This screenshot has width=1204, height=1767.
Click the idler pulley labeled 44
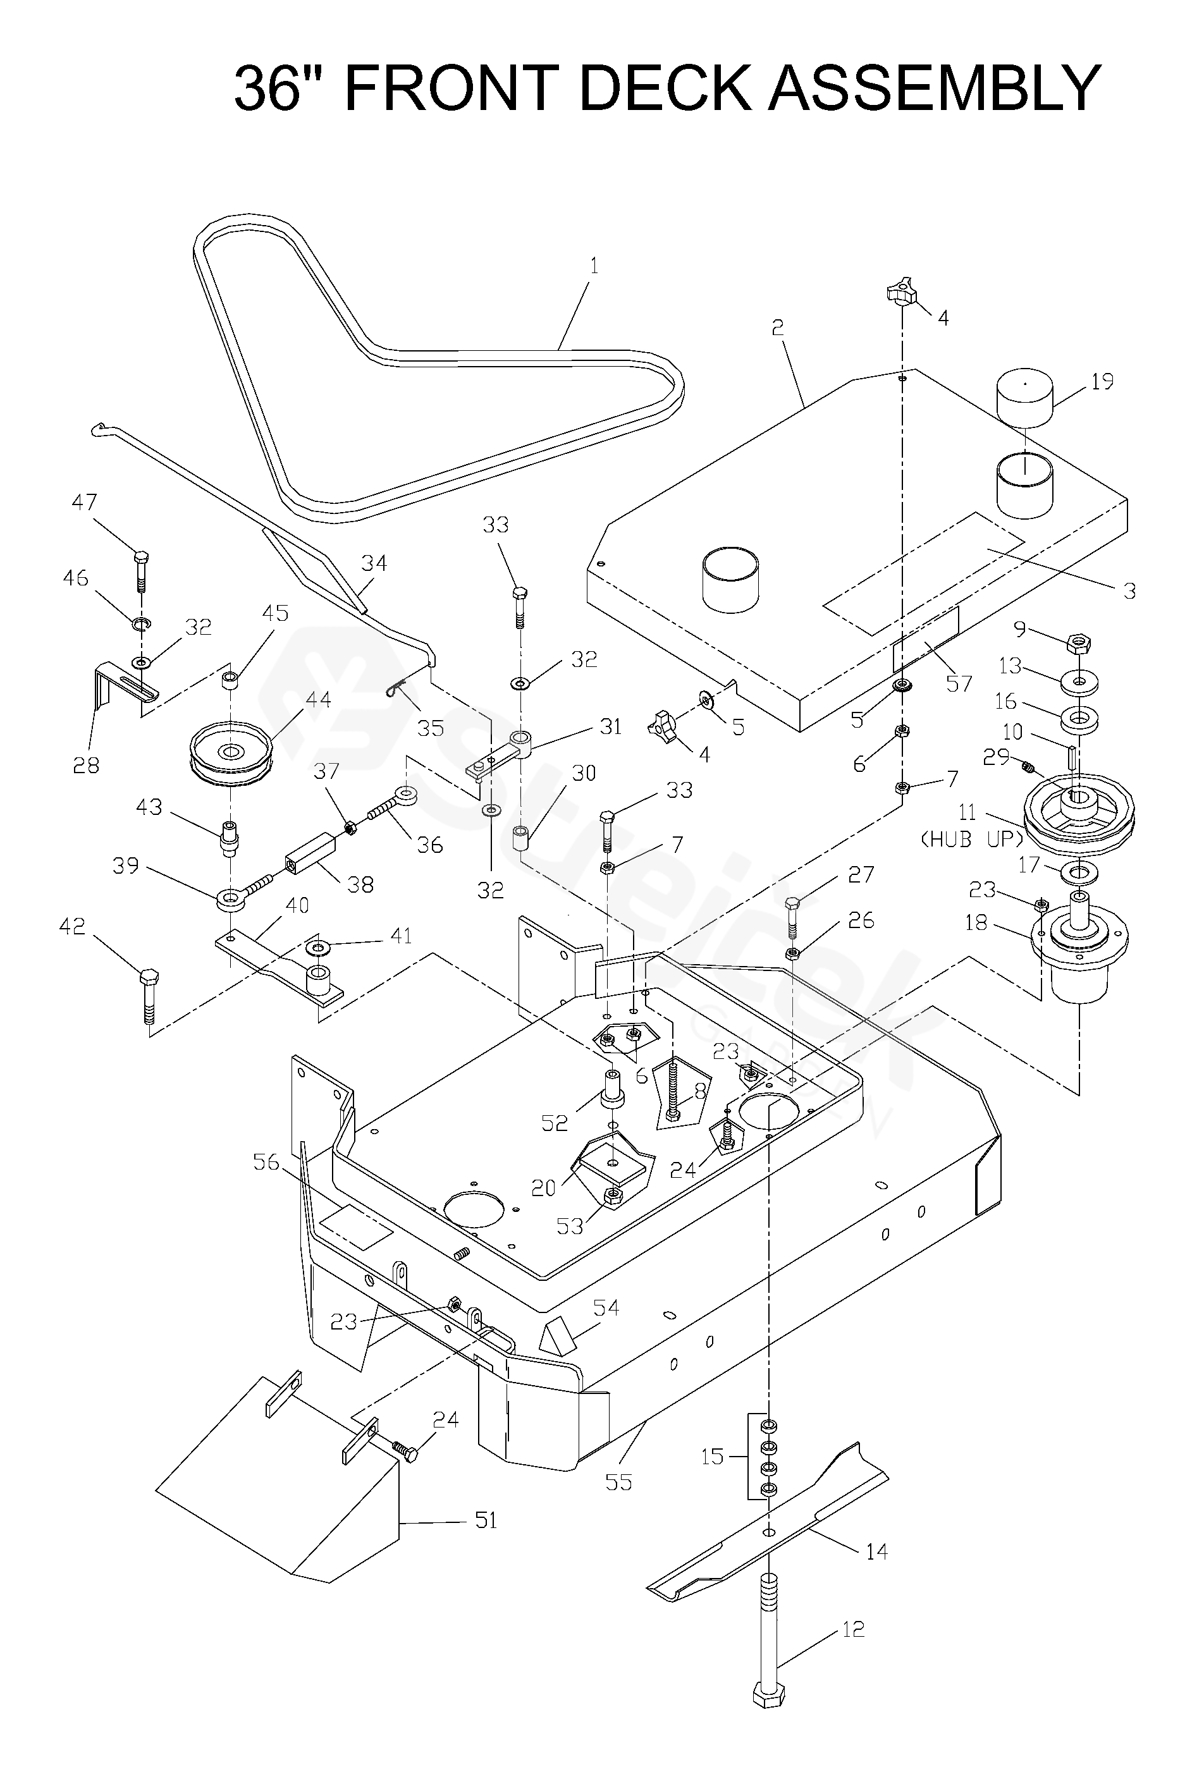coord(229,755)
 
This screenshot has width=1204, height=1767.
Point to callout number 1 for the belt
coord(594,266)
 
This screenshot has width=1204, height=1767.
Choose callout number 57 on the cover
coord(959,683)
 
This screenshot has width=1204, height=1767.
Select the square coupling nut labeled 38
coord(311,855)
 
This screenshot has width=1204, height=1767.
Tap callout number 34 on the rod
coord(374,563)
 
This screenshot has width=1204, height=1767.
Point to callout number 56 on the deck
coord(266,1163)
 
